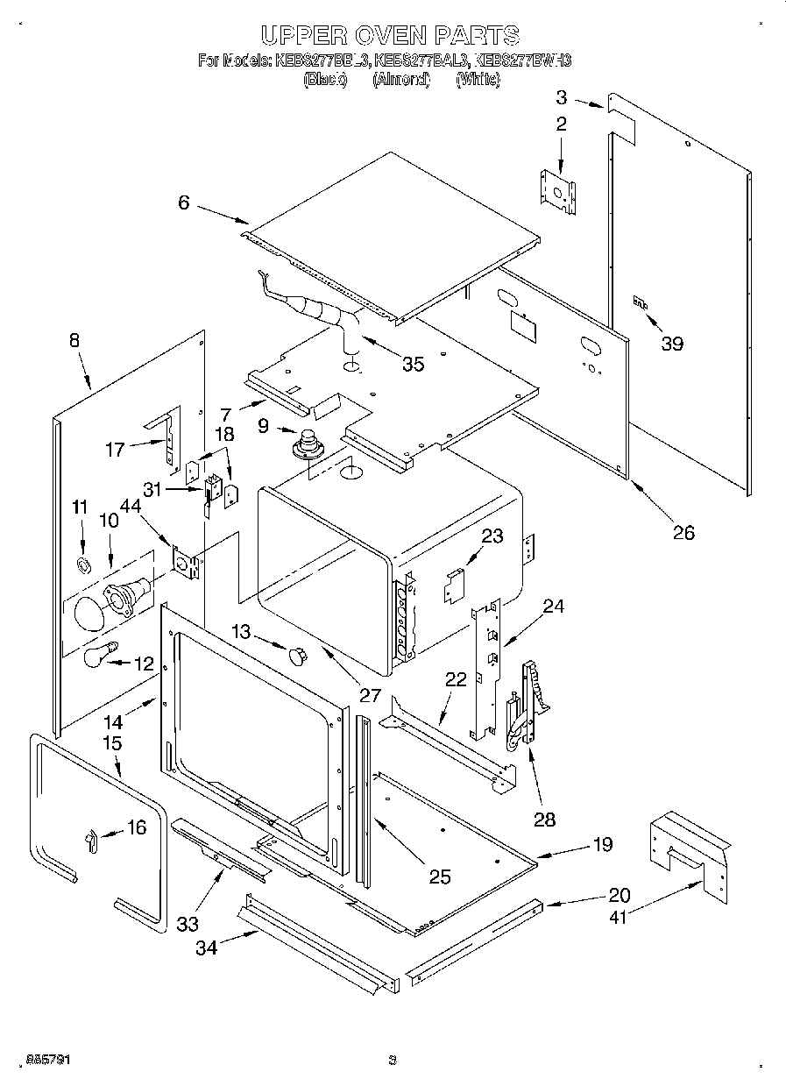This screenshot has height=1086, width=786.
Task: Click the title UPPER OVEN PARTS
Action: point(391,35)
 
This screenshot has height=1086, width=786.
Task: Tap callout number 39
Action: point(672,344)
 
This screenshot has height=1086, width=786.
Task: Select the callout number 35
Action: point(413,363)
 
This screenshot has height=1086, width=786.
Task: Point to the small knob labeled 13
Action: point(299,653)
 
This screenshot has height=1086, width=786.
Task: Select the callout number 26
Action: point(683,532)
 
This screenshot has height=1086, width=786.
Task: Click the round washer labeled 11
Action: point(82,563)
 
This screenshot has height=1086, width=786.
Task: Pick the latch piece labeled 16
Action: point(89,840)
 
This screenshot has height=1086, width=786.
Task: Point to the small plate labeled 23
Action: point(453,586)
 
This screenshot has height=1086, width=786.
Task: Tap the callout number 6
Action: point(183,202)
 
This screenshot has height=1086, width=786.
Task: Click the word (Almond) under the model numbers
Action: point(400,79)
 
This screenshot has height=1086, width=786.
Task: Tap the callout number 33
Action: point(187,924)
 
